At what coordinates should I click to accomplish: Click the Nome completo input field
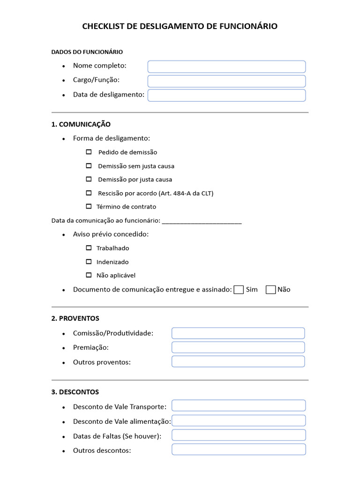point(226,67)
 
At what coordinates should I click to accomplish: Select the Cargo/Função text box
point(226,81)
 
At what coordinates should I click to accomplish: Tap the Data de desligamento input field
point(226,96)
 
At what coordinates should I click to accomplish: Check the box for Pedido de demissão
point(89,152)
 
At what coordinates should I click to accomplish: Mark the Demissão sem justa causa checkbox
point(89,165)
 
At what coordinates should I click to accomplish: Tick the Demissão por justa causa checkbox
point(89,179)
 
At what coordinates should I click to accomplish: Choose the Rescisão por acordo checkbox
point(89,193)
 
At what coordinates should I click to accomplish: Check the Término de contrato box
point(89,206)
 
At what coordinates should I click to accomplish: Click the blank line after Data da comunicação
point(202,221)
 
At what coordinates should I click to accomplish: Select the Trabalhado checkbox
point(89,248)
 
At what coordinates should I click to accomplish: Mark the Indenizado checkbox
point(89,262)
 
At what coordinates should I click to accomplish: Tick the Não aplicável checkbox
point(89,275)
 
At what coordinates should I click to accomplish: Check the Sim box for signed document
point(239,290)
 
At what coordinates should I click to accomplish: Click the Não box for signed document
point(270,290)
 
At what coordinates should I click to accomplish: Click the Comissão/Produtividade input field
point(238,333)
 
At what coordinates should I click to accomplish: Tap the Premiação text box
point(238,347)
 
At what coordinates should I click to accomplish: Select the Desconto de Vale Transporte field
point(239,405)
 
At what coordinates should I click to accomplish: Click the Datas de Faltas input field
point(239,435)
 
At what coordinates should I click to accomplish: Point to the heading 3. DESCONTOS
point(75,392)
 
